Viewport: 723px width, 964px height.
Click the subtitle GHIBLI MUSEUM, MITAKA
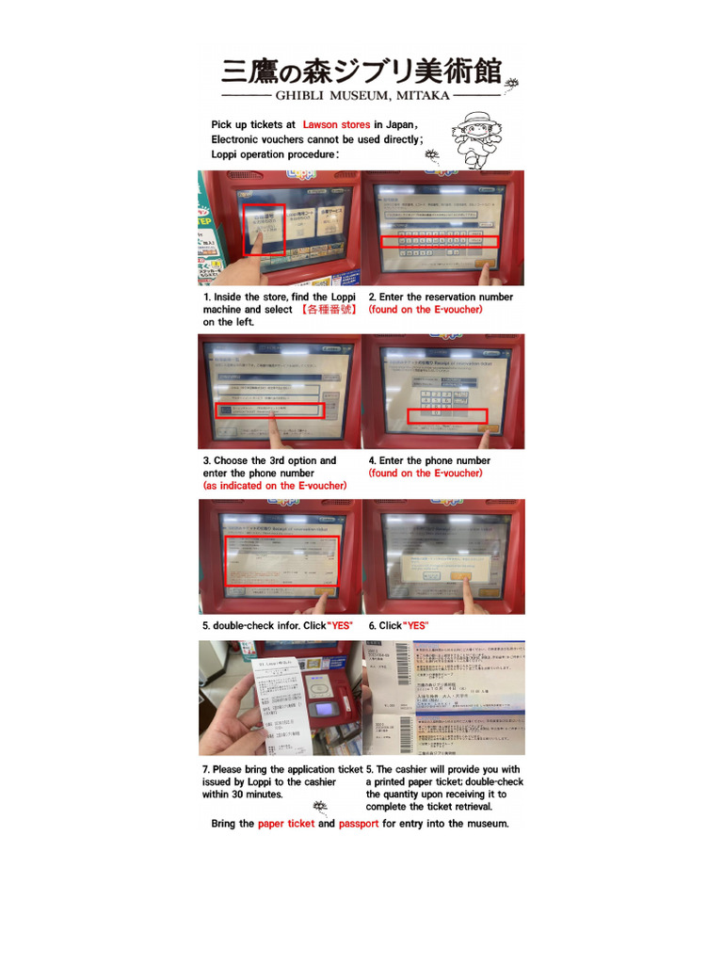(361, 96)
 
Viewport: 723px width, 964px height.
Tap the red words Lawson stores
(336, 124)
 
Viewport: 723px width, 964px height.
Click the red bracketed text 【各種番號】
(329, 310)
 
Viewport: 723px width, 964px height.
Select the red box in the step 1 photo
(265, 229)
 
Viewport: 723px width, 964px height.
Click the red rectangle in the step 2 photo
(438, 242)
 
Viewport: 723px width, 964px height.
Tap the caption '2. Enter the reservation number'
(441, 297)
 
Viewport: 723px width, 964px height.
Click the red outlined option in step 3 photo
(269, 410)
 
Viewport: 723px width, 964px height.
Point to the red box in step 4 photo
(446, 416)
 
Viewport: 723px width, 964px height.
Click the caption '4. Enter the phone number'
(429, 460)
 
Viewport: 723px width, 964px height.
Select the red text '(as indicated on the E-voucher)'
(275, 486)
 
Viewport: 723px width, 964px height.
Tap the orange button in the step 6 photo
(461, 576)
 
